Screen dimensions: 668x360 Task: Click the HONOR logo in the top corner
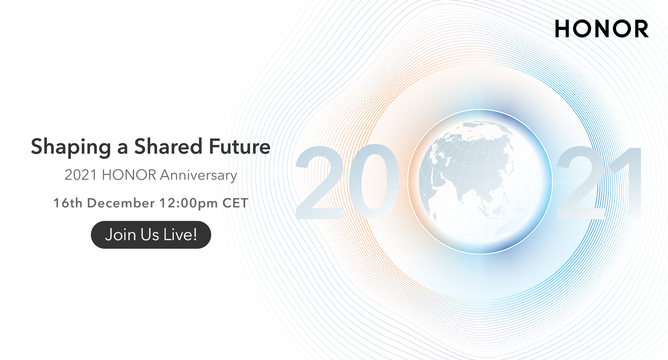602,29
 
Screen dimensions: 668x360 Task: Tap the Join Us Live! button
151,235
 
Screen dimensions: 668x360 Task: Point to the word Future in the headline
239,146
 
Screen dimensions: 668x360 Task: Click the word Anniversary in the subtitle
199,175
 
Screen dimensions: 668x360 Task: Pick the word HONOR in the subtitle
129,175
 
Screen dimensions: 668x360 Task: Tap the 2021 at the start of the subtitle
81,175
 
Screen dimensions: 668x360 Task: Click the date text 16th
68,203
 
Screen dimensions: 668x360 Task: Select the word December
121,203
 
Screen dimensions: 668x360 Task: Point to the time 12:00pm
189,204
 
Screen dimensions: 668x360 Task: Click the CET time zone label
235,203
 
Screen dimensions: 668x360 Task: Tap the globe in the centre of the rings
480,182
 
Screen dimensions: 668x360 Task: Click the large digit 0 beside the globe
374,182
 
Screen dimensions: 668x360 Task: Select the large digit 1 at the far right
626,182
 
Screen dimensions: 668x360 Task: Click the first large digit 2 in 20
319,182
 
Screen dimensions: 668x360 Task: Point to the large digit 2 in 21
580,182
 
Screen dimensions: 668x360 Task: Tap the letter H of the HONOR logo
562,29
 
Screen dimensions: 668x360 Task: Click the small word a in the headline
122,149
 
